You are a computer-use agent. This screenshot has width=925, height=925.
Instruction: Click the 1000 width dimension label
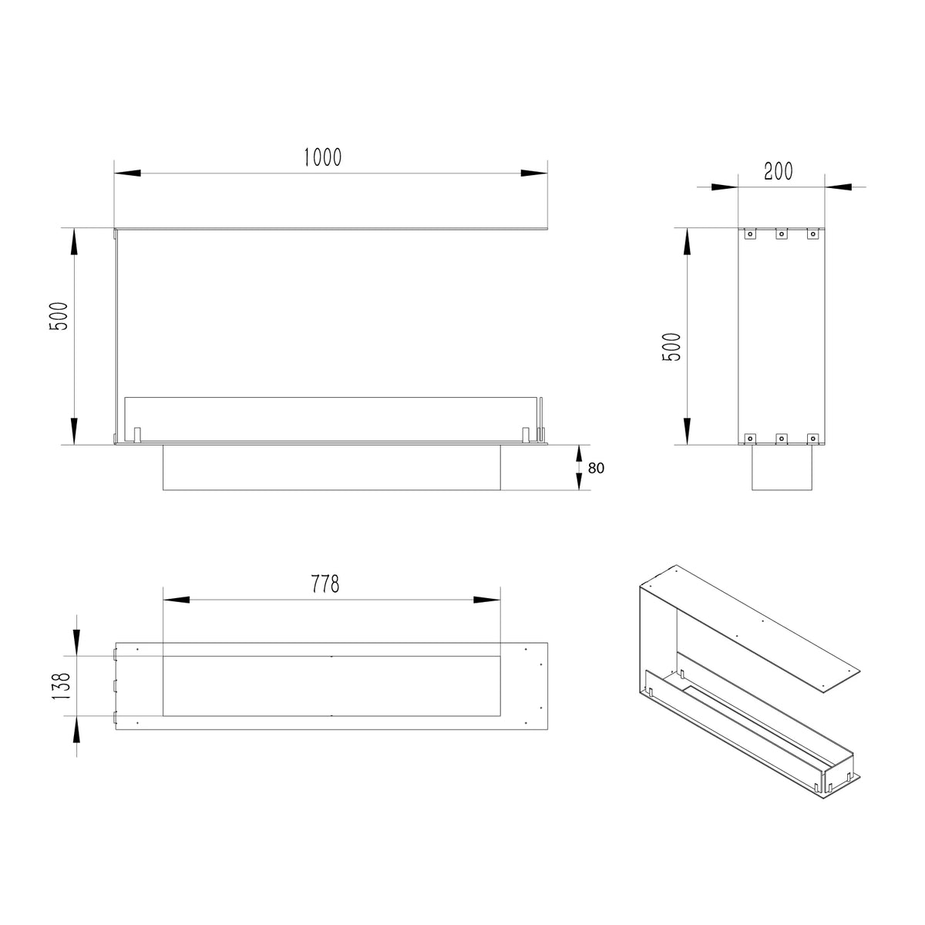tap(323, 157)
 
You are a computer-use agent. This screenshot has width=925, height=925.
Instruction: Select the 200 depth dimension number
tap(778, 171)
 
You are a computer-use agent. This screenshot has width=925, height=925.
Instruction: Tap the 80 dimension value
tap(596, 468)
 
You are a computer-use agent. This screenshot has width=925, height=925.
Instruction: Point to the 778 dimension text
tap(325, 584)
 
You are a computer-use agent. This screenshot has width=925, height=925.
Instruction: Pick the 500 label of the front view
tap(59, 316)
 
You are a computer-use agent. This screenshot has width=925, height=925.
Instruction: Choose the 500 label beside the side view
tap(671, 347)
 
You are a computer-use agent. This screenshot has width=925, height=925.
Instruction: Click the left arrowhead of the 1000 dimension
tap(127, 173)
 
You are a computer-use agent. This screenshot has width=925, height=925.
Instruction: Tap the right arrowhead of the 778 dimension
tap(486, 600)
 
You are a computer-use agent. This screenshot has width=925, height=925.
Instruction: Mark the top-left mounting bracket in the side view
tap(750, 234)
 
